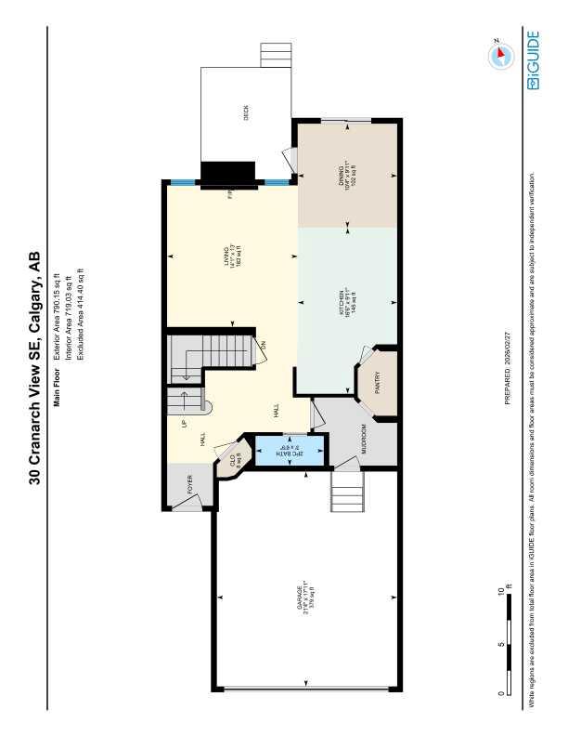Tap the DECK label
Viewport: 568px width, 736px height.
tap(246, 114)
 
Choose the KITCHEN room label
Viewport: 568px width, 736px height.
tap(347, 301)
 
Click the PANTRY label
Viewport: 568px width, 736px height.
tap(377, 386)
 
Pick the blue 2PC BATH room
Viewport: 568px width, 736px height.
tap(290, 450)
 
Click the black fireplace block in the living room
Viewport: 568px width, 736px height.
tap(228, 175)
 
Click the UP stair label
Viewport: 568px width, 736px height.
tap(185, 424)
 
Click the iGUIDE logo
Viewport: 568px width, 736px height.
tap(533, 61)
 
